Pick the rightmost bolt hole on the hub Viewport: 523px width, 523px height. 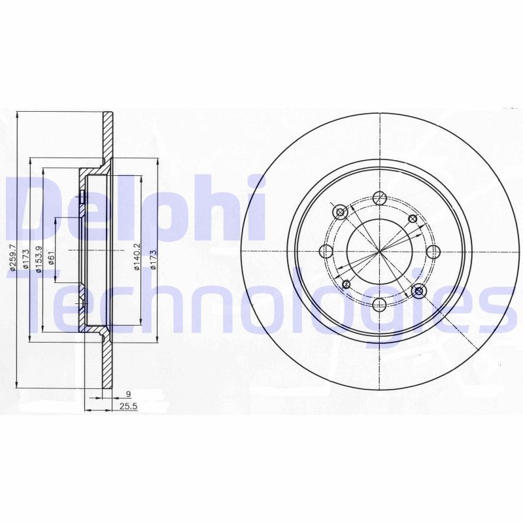(x=432, y=251)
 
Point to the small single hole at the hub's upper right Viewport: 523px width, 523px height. (x=412, y=219)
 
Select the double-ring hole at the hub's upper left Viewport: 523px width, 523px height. (x=341, y=212)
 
